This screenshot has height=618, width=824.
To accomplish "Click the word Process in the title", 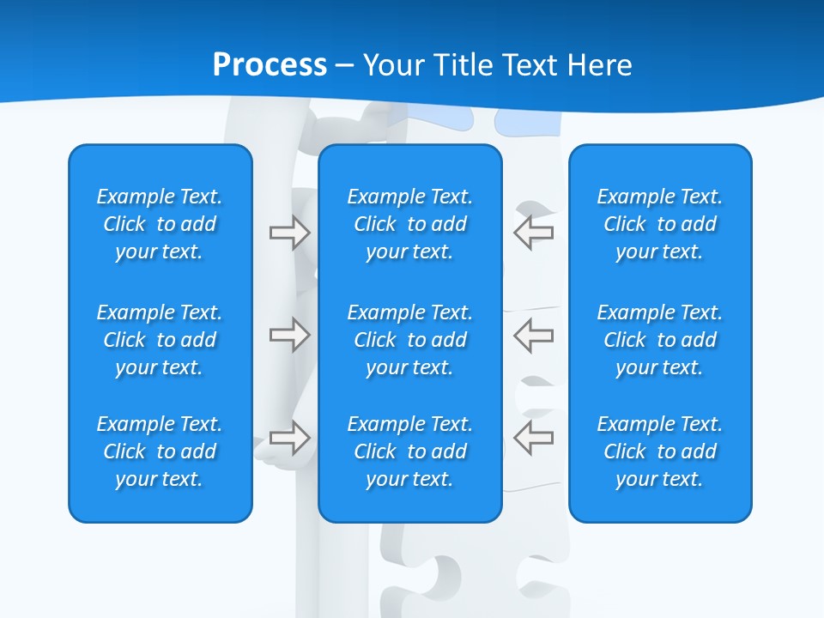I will click(x=270, y=65).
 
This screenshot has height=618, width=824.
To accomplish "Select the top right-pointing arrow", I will click(x=290, y=233).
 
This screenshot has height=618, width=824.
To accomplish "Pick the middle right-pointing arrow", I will click(x=290, y=335).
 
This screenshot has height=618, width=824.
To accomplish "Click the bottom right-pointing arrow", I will click(x=290, y=438).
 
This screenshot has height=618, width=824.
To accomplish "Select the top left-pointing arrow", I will click(x=534, y=233).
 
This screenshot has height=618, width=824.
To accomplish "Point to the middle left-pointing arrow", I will click(x=534, y=335).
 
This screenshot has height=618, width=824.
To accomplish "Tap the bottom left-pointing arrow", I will click(x=534, y=438).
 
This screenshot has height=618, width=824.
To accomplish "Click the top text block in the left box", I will click(x=160, y=224).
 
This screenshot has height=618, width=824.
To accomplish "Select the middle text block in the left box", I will click(x=160, y=340).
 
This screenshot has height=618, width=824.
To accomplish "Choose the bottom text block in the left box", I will click(x=160, y=451).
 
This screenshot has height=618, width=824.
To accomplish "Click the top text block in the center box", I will click(x=410, y=224).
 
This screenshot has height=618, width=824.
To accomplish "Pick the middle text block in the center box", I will click(x=410, y=340).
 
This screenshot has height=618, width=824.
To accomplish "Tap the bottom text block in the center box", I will click(x=410, y=451).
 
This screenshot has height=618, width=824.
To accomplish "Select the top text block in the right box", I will click(x=660, y=224).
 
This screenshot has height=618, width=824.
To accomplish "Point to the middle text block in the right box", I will click(x=660, y=340).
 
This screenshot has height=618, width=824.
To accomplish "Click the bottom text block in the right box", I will click(x=660, y=451).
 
